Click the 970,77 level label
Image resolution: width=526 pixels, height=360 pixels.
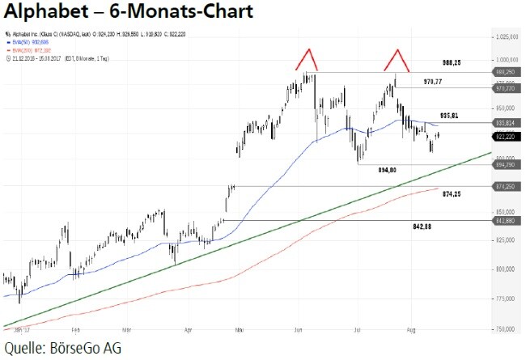pyautogui.click(x=435, y=82)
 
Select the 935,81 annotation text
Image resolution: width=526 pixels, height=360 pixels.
pyautogui.click(x=449, y=116)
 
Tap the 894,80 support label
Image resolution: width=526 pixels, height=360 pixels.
pyautogui.click(x=386, y=171)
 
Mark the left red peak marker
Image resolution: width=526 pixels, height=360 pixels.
pyautogui.click(x=306, y=58)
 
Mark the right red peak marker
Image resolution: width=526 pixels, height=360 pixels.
pyautogui.click(x=396, y=58)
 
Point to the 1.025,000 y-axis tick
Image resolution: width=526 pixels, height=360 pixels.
pyautogui.click(x=507, y=36)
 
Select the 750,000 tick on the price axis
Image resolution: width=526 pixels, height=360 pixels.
pyautogui.click(x=507, y=329)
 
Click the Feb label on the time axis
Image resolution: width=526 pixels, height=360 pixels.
pyautogui.click(x=75, y=331)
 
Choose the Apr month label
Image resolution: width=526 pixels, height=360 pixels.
pyautogui.click(x=188, y=331)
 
